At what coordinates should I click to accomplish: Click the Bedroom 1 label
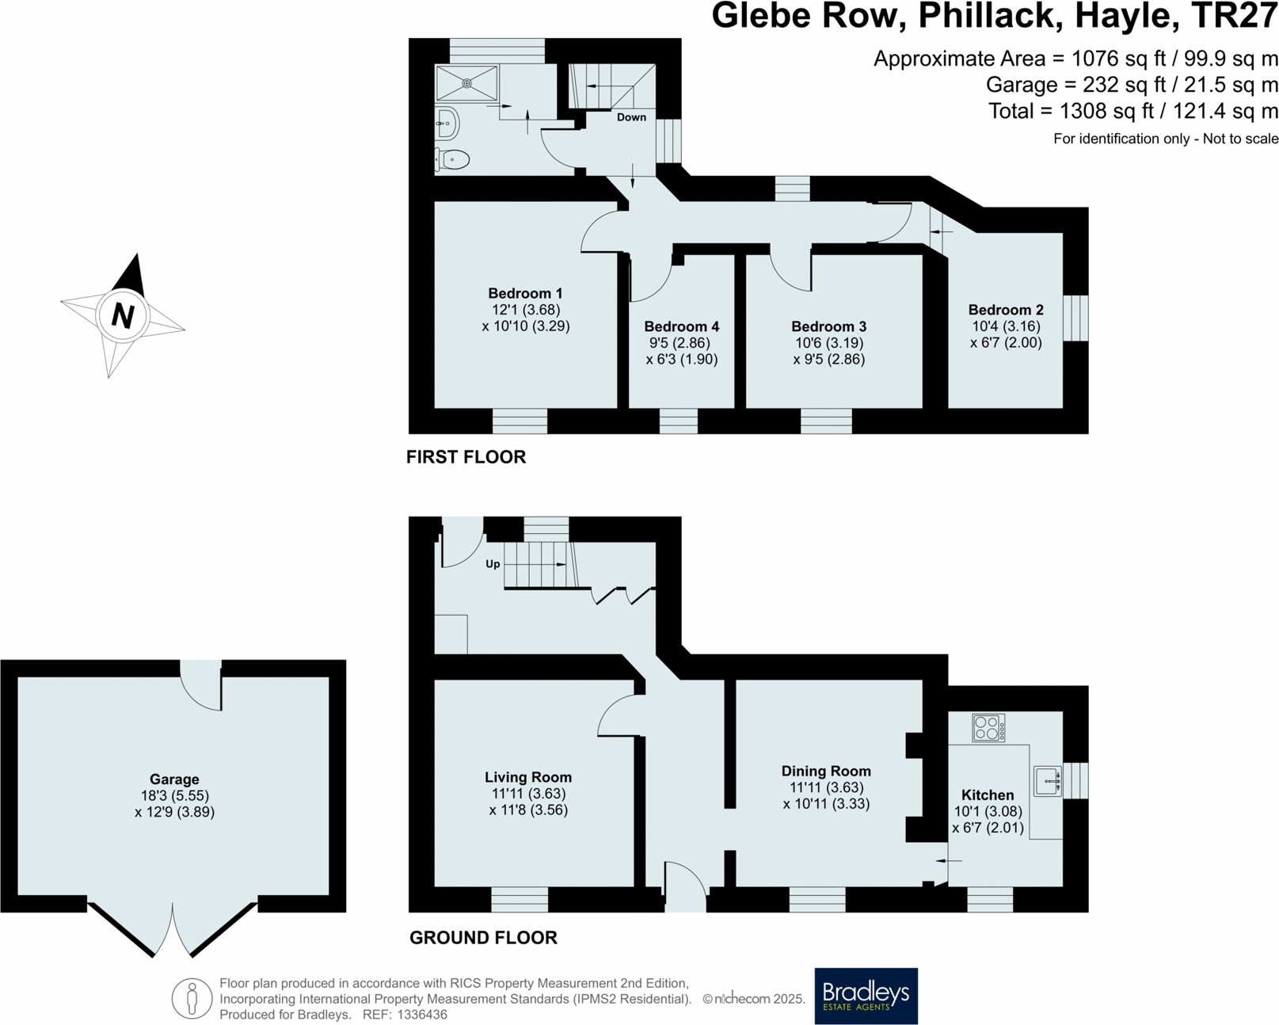[x=525, y=293]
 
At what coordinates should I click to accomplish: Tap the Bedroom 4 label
[x=681, y=326]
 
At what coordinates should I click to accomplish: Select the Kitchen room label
[x=987, y=794]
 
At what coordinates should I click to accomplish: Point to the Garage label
[x=174, y=779]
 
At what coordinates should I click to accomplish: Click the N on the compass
[x=123, y=315]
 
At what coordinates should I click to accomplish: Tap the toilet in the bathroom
[x=453, y=159]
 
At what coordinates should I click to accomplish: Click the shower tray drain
[x=467, y=83]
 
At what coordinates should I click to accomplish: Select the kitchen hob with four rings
[x=988, y=727]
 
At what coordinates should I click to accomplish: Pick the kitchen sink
[x=1047, y=781]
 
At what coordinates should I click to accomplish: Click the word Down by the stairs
[x=631, y=117]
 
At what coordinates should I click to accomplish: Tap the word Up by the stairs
[x=493, y=564]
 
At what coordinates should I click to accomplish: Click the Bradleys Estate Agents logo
[x=866, y=995]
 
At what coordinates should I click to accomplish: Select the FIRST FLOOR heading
[x=466, y=457]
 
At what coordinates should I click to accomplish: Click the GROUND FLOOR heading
[x=483, y=938]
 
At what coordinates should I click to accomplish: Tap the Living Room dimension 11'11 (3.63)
[x=528, y=794]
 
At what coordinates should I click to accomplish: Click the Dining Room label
[x=826, y=771]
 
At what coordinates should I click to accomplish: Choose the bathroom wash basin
[x=447, y=124]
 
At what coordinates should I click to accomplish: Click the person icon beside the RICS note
[x=192, y=998]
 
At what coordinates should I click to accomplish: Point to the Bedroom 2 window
[x=1075, y=318]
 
